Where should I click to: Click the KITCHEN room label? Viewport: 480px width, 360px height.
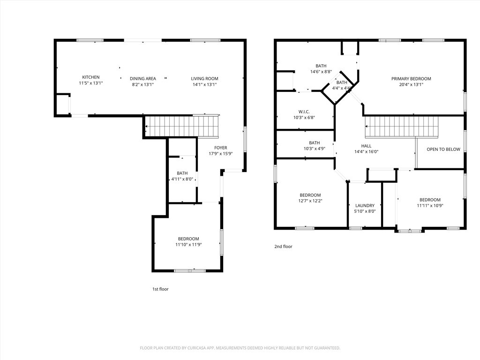[90, 77]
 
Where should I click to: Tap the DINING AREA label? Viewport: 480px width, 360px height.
[142, 79]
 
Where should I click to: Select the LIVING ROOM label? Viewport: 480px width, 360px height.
[204, 79]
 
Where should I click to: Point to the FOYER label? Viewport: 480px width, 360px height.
[220, 148]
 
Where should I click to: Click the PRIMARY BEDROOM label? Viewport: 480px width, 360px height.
[411, 79]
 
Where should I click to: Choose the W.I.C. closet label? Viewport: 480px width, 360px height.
[304, 112]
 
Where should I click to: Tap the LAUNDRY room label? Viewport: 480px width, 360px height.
[365, 205]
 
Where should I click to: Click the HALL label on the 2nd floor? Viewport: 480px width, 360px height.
[366, 146]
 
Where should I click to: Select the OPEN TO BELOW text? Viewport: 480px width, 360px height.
[443, 150]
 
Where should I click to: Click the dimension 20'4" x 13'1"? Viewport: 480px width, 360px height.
[411, 84]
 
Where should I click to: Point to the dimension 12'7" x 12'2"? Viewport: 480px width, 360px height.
[310, 201]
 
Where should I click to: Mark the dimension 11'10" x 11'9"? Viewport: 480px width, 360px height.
[188, 245]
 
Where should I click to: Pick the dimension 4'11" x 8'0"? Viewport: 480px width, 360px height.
[182, 179]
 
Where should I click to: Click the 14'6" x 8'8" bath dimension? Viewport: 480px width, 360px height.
[321, 72]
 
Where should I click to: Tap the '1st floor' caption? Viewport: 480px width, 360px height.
[160, 289]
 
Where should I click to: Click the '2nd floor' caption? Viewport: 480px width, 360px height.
[283, 247]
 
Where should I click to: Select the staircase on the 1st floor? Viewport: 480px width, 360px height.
[182, 127]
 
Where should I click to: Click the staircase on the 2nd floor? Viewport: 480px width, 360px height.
[402, 127]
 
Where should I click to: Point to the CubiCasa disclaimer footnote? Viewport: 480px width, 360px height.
[240, 348]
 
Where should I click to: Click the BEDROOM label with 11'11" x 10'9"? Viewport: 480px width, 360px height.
[430, 200]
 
